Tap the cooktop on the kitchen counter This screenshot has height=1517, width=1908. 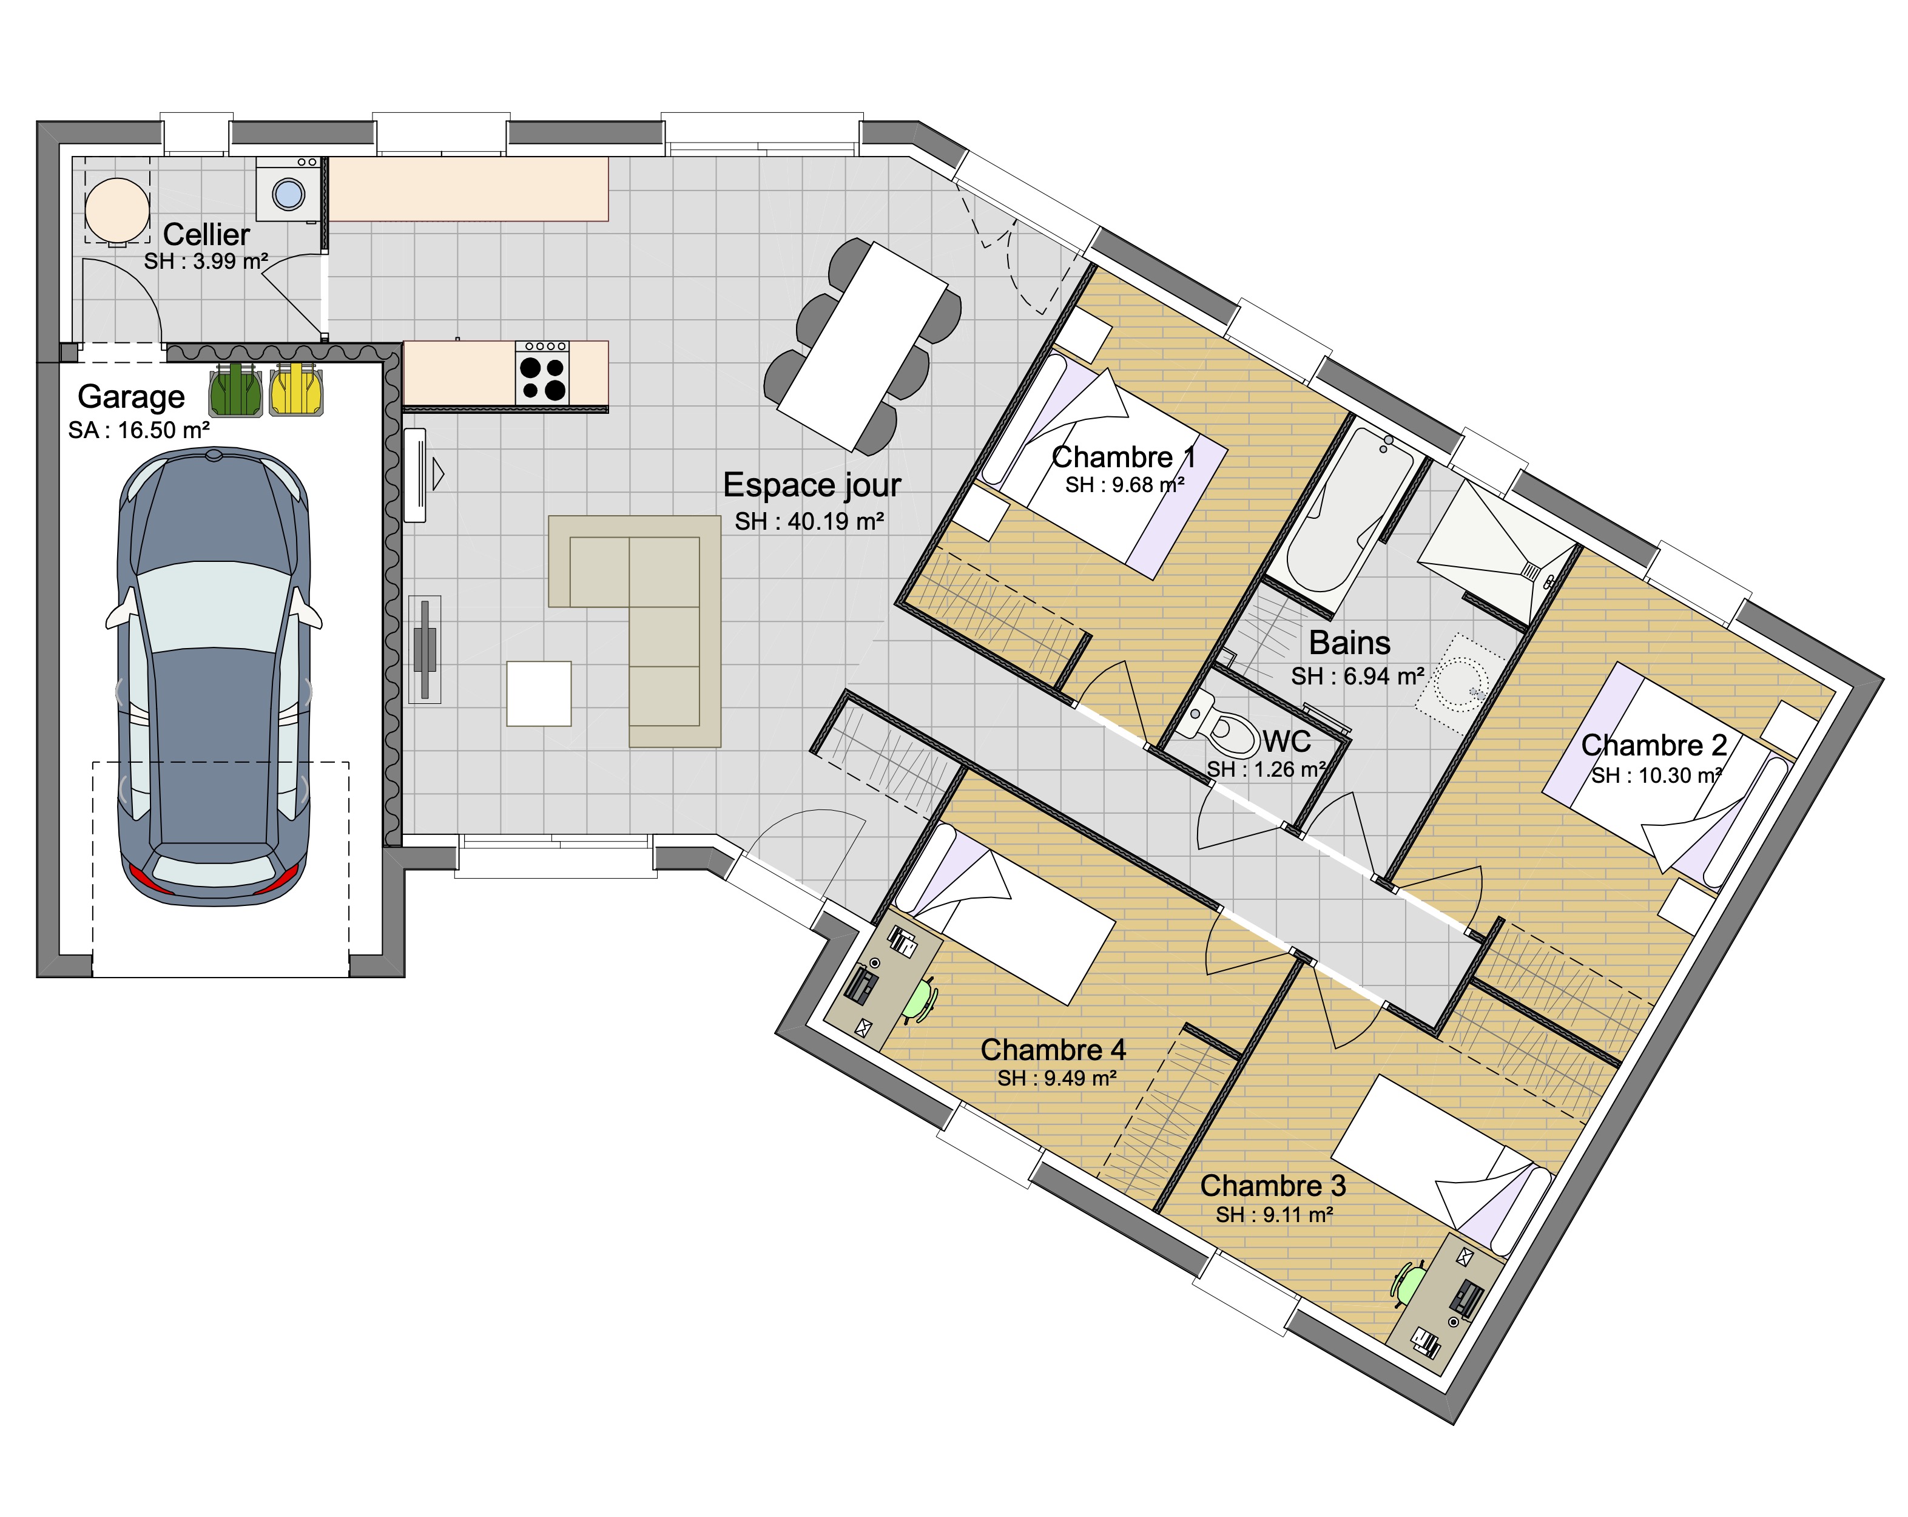(542, 373)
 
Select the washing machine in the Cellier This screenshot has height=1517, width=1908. (288, 189)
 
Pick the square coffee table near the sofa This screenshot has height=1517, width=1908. (539, 693)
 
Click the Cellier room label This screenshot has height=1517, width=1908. (206, 235)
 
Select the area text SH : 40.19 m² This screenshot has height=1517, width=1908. (809, 521)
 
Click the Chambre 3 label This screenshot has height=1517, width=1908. (1273, 1184)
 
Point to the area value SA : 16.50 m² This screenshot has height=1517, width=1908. (139, 430)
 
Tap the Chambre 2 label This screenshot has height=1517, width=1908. (1654, 745)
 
